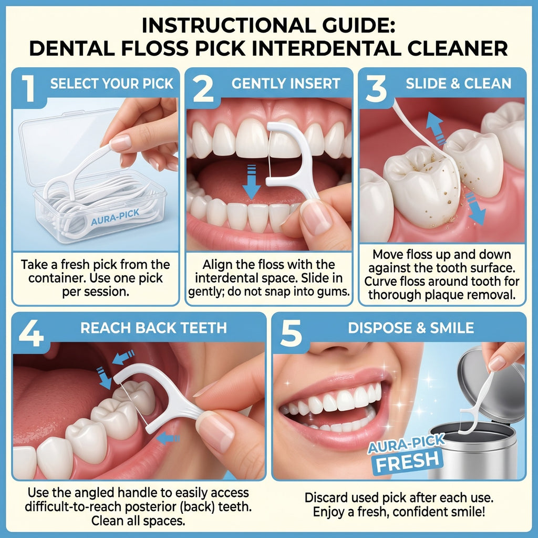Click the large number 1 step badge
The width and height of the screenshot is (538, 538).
pyautogui.click(x=29, y=88)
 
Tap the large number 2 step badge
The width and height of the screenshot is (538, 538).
pyautogui.click(x=203, y=88)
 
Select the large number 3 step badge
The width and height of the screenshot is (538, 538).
pyautogui.click(x=376, y=88)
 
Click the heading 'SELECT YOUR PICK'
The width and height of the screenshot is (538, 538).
pyautogui.click(x=112, y=84)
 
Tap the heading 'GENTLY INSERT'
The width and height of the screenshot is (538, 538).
pyautogui.click(x=286, y=84)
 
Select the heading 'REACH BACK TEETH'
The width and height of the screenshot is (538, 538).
pyautogui.click(x=154, y=328)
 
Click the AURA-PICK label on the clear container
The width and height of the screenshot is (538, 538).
pyautogui.click(x=115, y=218)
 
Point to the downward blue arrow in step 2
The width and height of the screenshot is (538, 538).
pyautogui.click(x=252, y=182)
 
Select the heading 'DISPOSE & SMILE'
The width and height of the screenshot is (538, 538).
pyautogui.click(x=411, y=328)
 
